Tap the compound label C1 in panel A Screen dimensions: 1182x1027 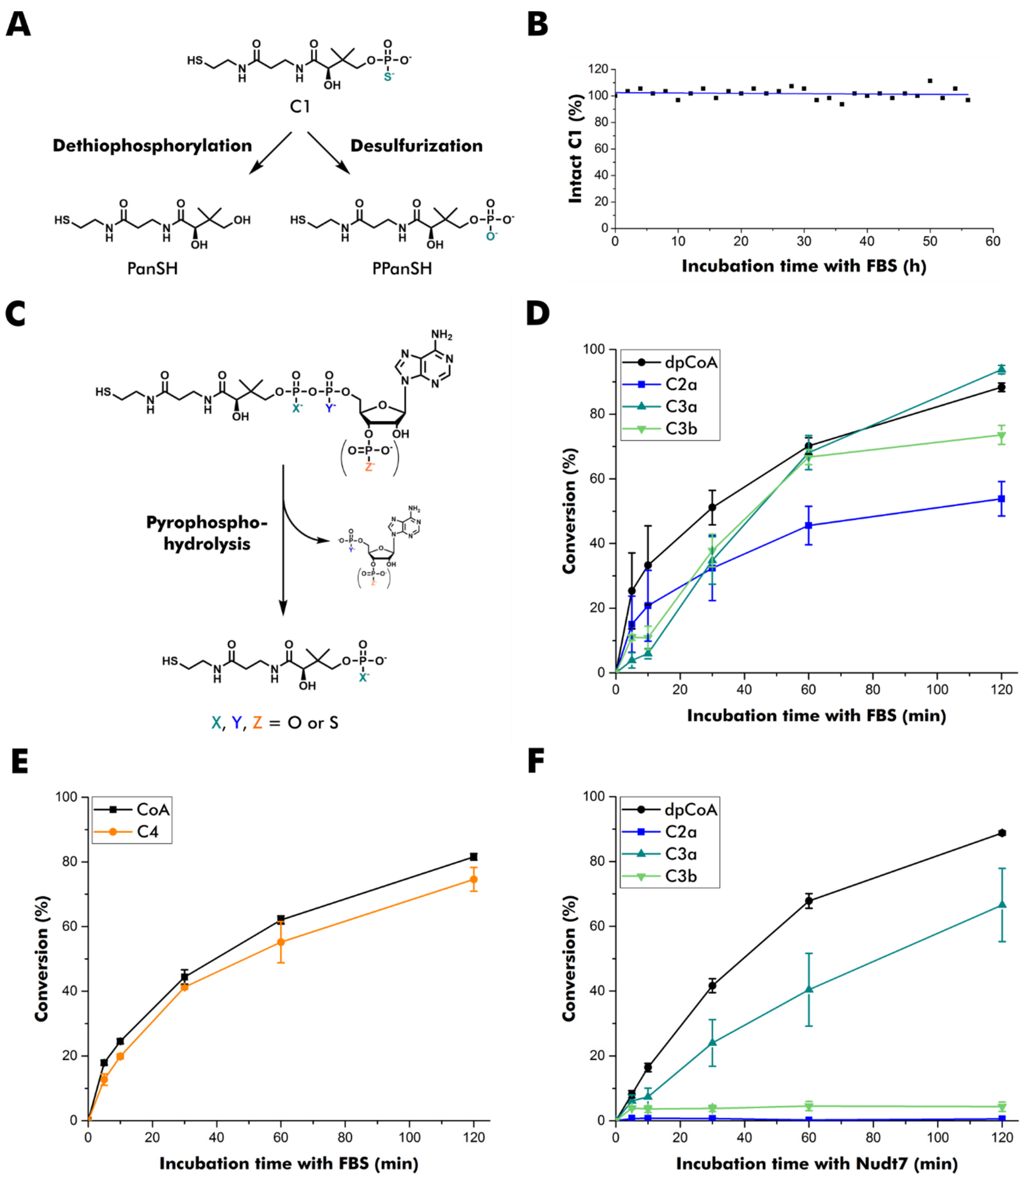tap(300, 107)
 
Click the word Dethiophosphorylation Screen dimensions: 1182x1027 tap(152, 146)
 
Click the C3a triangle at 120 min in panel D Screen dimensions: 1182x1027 tap(1002, 369)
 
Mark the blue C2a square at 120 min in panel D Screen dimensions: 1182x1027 tap(1002, 499)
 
